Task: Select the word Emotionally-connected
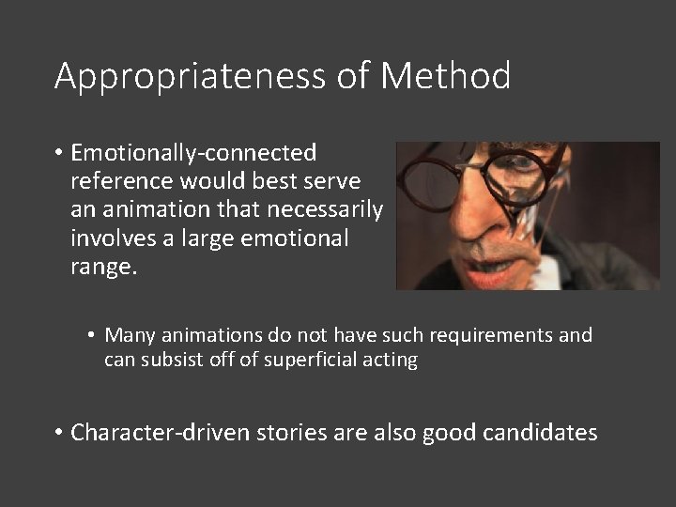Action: point(193,153)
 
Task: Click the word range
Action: point(103,268)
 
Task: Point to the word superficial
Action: point(310,360)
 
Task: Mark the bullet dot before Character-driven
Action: point(59,433)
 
